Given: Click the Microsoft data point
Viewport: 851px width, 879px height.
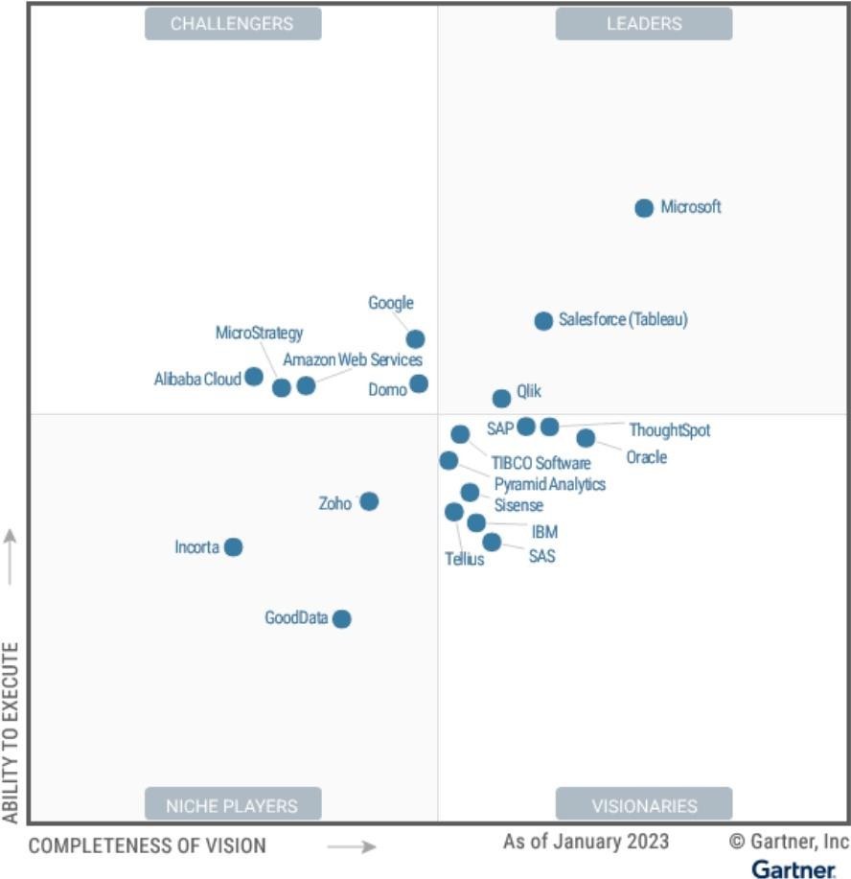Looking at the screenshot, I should click(644, 208).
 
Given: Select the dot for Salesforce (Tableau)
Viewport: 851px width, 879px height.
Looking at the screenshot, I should click(543, 321).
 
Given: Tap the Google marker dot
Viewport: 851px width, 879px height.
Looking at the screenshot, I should click(415, 339).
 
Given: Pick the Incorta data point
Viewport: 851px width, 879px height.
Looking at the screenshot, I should click(233, 547).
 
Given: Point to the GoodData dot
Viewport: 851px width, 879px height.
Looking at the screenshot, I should click(341, 619).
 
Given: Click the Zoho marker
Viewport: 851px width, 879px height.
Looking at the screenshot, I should click(369, 501).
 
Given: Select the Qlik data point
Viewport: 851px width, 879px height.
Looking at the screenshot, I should click(501, 399).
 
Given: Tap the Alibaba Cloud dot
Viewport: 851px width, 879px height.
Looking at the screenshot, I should click(254, 377).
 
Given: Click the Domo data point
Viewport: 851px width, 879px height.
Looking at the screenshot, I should click(419, 384).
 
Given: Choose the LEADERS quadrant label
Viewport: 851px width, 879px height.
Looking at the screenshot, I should click(643, 24).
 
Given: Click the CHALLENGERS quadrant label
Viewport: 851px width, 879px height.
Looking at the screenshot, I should click(233, 24).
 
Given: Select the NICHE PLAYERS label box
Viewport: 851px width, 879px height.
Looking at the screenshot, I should click(233, 805).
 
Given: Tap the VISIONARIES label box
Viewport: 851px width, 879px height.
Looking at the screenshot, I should click(643, 805).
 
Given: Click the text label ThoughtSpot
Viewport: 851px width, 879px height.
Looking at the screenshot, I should click(669, 430).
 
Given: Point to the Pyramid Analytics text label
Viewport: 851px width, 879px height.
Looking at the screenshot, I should click(549, 484).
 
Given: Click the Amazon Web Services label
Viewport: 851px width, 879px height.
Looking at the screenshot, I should click(352, 360).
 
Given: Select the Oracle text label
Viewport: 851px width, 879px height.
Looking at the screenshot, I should click(646, 457).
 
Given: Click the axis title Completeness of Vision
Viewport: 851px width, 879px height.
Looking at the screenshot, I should click(148, 845).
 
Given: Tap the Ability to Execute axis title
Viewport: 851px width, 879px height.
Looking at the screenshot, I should click(11, 733).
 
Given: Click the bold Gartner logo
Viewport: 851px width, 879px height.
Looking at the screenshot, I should click(793, 868).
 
